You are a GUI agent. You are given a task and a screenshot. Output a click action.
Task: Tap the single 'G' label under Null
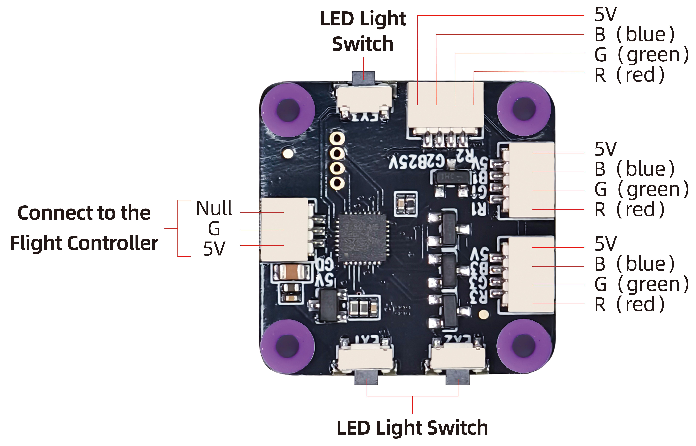[214, 229]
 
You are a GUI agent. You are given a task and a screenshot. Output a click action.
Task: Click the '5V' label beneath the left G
[214, 248]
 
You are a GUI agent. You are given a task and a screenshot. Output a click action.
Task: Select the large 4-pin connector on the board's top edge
[445, 106]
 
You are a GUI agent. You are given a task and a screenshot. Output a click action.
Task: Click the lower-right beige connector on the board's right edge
[531, 275]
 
